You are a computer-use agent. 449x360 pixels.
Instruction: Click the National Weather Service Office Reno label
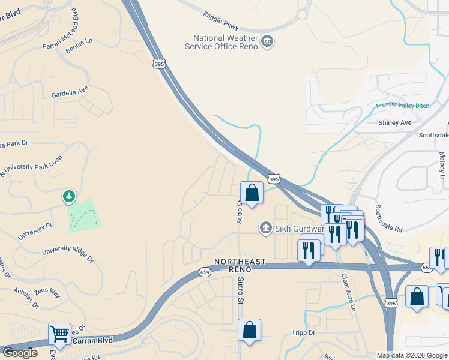coord(221,42)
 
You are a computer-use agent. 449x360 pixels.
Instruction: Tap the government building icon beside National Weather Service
coord(267,41)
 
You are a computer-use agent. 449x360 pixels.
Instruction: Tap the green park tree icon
coord(69,196)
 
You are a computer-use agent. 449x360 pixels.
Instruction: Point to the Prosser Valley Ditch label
coord(403,106)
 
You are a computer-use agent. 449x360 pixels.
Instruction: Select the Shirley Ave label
coord(395,122)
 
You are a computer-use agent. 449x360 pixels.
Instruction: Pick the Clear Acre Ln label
coord(349,293)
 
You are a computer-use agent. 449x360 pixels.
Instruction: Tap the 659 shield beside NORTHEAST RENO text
coord(205,272)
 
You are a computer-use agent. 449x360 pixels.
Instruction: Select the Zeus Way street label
coord(47,293)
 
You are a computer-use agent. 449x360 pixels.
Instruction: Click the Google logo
coord(20,353)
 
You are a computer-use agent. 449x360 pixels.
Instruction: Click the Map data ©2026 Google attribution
coord(411,355)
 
